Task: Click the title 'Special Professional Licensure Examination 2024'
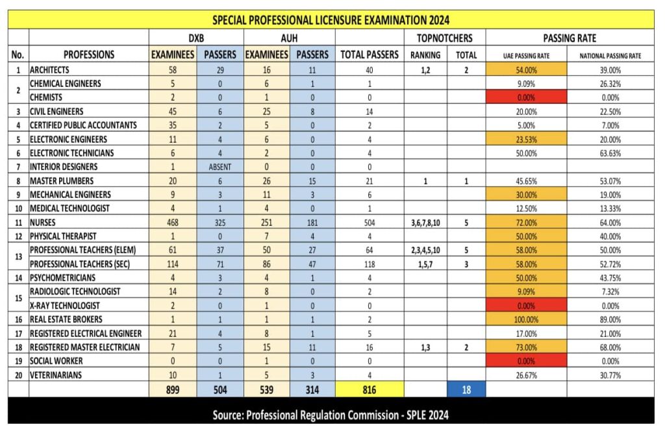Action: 331,19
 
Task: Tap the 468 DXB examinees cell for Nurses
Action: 173,222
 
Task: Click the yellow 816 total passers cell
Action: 369,389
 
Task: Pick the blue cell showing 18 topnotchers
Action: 466,389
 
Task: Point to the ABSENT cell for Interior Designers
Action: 220,167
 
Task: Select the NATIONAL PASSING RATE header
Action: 610,56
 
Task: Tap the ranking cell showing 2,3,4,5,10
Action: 425,250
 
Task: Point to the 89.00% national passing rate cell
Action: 610,319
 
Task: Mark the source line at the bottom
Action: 331,415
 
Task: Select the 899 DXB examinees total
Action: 173,389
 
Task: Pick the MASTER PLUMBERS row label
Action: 62,180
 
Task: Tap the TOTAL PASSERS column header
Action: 369,55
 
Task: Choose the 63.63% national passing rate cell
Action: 610,153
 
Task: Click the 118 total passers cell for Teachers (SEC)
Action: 369,264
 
